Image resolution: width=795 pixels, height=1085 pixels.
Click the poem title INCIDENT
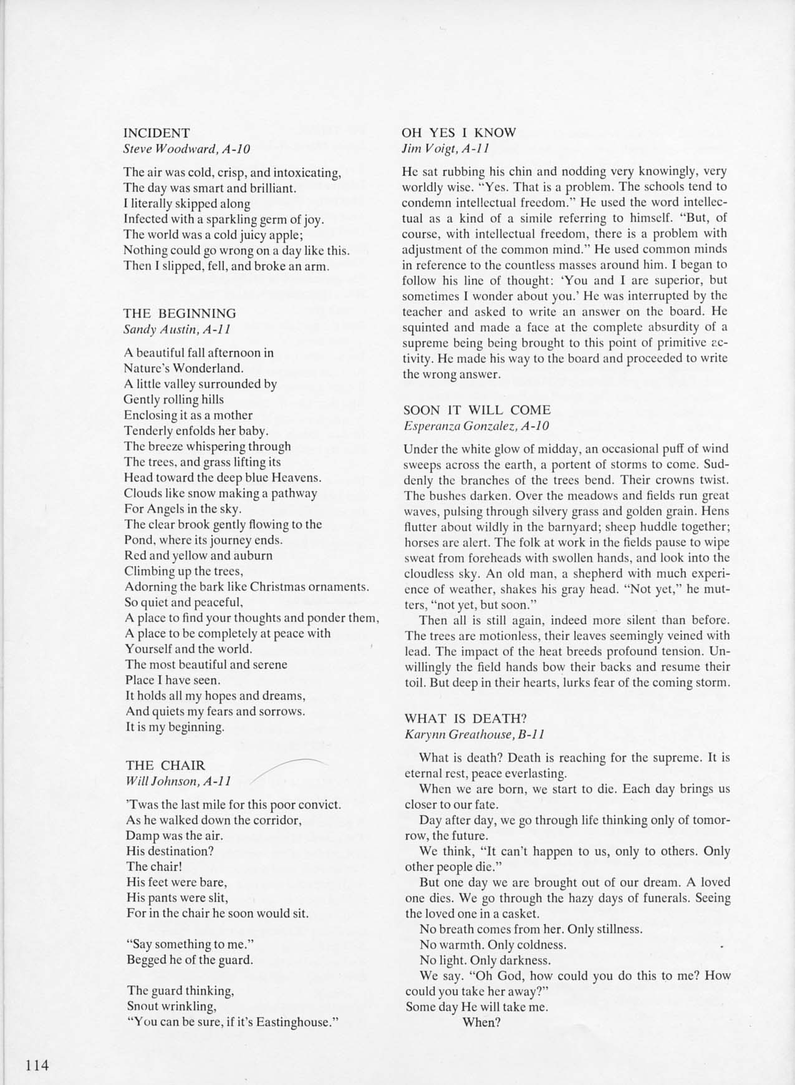tap(157, 133)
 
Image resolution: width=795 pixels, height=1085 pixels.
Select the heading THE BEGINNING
tap(180, 313)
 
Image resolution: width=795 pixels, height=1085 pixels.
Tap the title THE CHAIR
tap(165, 766)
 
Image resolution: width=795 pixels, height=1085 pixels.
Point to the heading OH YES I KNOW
tap(459, 132)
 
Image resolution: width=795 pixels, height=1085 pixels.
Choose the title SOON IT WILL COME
tap(477, 410)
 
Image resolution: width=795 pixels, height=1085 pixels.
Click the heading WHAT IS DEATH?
tap(469, 718)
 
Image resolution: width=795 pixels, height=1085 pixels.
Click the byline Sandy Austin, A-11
tap(178, 329)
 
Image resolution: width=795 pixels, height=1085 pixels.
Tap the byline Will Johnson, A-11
tap(179, 781)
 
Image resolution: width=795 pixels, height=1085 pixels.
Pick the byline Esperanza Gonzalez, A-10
tap(476, 426)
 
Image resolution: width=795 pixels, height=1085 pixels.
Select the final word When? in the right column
tap(481, 1022)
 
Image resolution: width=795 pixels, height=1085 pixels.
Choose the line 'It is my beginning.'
tap(175, 727)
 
